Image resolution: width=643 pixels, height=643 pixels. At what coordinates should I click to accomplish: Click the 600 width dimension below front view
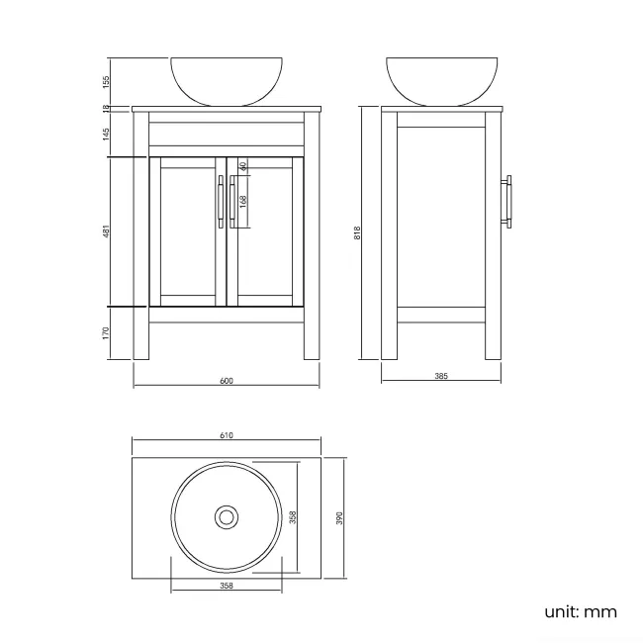[227, 382]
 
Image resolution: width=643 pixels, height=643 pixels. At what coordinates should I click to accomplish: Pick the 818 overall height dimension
[357, 232]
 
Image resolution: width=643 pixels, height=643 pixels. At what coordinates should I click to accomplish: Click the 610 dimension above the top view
[227, 435]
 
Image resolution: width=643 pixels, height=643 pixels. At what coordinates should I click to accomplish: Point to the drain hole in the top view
[227, 516]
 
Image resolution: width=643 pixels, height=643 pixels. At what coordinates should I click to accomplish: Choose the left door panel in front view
[188, 231]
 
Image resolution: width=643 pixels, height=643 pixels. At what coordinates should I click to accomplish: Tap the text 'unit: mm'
[581, 611]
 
